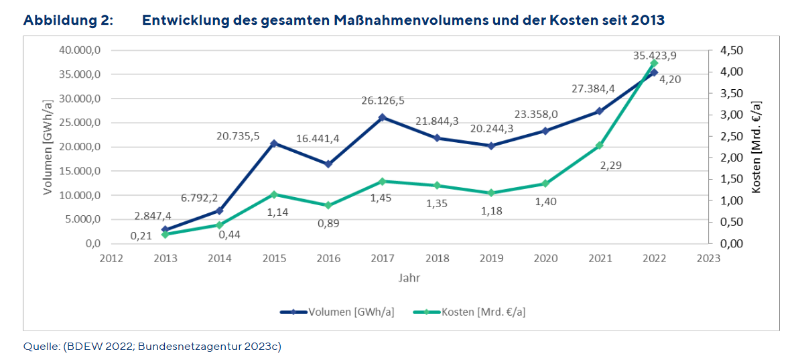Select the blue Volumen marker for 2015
[x=273, y=143]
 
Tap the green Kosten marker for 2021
[x=600, y=145]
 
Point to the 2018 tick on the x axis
[x=436, y=257]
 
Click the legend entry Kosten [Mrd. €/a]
[x=481, y=312]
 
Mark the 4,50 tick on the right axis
[x=732, y=51]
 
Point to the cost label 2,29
[x=610, y=165]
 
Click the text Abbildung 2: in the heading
[x=68, y=20]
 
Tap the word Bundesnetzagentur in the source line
[x=194, y=347]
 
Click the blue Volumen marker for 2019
[x=491, y=145]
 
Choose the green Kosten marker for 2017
[x=382, y=181]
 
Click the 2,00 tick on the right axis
[x=732, y=158]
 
